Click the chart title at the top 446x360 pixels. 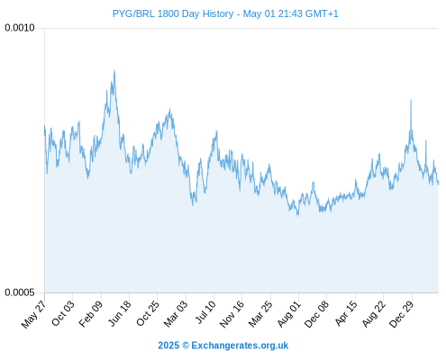click(225, 13)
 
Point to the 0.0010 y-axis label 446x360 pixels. click(20, 28)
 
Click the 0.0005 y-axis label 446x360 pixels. click(20, 292)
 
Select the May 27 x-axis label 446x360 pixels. click(33, 314)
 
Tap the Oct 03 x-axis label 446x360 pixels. click(62, 313)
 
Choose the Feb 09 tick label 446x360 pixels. click(90, 314)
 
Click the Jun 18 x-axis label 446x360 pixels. click(120, 313)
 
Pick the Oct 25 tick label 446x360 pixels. click(147, 313)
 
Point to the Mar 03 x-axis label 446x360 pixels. click(176, 314)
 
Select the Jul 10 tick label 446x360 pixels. click(205, 312)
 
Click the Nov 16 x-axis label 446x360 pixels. click(232, 314)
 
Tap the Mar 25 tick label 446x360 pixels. click(260, 314)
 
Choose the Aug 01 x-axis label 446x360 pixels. click(288, 314)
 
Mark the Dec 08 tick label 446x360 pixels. click(316, 314)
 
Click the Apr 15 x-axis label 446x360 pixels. click(346, 313)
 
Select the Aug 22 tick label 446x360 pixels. click(374, 314)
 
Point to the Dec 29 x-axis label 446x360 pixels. click(401, 314)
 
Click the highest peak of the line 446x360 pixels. click(114, 70)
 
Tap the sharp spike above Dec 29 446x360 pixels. click(411, 100)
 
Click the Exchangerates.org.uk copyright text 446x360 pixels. click(223, 346)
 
